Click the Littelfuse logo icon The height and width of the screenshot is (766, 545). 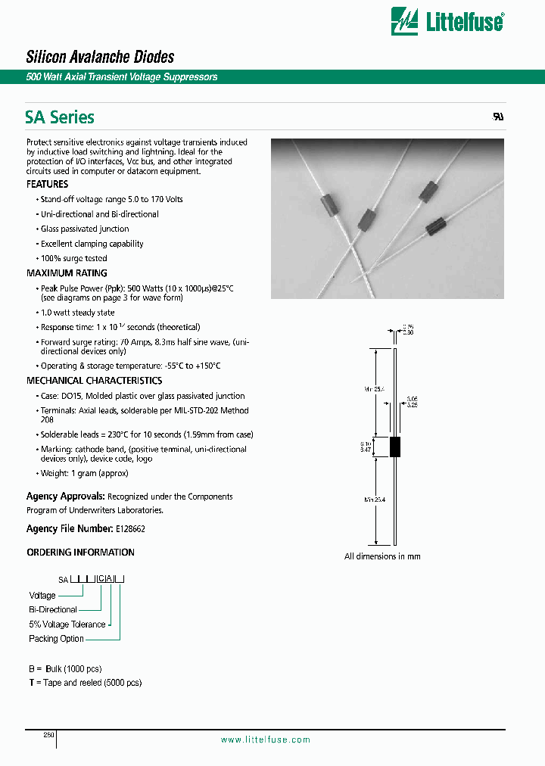(x=404, y=21)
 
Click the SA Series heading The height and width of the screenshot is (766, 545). (x=60, y=117)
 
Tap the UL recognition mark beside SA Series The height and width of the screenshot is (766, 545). (x=498, y=118)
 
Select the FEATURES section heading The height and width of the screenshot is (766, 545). (x=47, y=184)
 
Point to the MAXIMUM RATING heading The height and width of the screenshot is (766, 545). (x=67, y=273)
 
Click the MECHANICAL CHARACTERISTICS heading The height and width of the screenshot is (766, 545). (x=94, y=381)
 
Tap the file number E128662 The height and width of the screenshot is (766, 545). (x=130, y=529)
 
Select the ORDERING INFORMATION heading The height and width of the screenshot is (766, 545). (x=80, y=553)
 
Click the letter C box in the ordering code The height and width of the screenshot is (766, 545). (x=101, y=579)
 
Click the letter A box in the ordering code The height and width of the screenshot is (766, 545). (x=110, y=579)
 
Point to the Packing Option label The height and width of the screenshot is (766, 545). (x=57, y=639)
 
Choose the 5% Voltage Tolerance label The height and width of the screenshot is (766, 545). (x=67, y=624)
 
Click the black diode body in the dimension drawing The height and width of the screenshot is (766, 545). (x=394, y=447)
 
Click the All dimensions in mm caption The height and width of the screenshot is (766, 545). (x=382, y=556)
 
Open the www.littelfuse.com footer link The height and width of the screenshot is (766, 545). (x=265, y=740)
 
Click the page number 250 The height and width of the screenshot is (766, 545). (x=48, y=735)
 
